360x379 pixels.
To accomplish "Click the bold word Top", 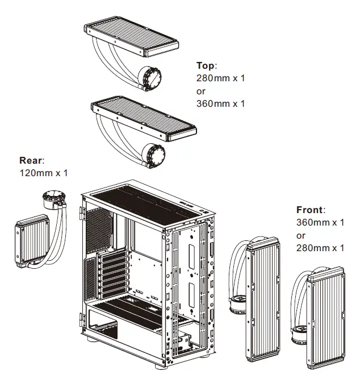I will (x=206, y=66).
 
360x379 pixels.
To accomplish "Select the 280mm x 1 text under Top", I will (x=220, y=78).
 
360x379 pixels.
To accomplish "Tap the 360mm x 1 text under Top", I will (x=220, y=103).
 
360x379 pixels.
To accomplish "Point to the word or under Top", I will (x=200, y=91).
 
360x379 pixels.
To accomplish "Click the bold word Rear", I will (x=32, y=160).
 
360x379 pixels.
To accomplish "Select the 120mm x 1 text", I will (x=43, y=172).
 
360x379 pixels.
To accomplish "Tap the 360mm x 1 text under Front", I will (x=320, y=223).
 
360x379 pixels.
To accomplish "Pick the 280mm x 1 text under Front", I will (x=320, y=248).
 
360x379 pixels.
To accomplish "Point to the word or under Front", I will (x=301, y=235).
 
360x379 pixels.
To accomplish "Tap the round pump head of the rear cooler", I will (x=54, y=202).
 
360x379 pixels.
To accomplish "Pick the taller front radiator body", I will (x=262, y=301).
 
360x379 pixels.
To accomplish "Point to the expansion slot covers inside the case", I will (x=104, y=276).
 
